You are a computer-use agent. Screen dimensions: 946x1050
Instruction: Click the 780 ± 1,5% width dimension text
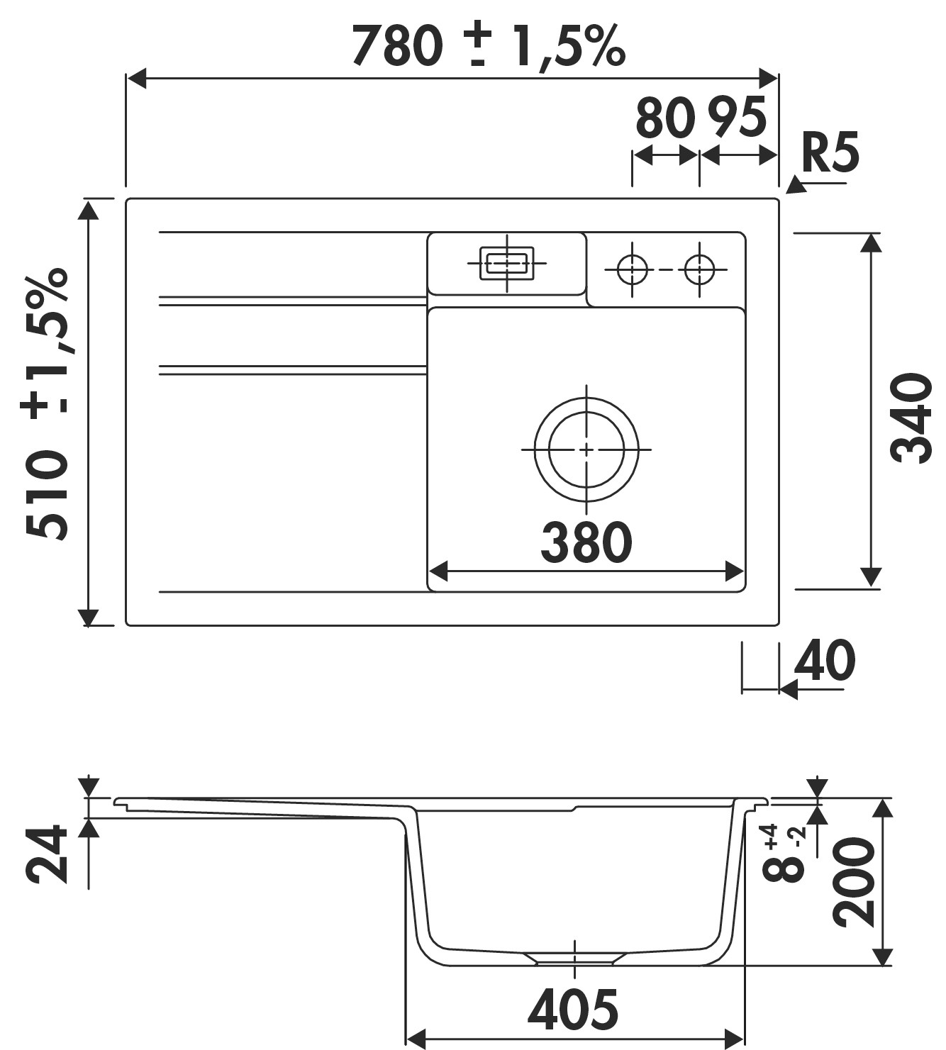pos(488,47)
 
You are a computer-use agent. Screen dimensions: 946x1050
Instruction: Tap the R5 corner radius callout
pos(830,153)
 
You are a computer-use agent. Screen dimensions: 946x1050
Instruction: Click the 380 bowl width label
pos(586,543)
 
